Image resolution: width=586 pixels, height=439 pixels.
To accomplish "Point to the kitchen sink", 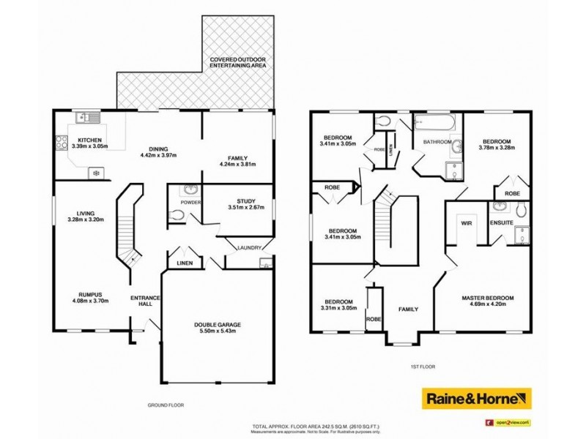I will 86,116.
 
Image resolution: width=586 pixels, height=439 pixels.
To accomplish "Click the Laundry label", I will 248,248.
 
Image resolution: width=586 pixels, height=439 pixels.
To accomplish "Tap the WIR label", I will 464,222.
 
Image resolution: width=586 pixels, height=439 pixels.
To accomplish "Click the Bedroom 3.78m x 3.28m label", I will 496,143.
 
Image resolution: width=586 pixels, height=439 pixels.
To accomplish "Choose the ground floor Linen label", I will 180,263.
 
